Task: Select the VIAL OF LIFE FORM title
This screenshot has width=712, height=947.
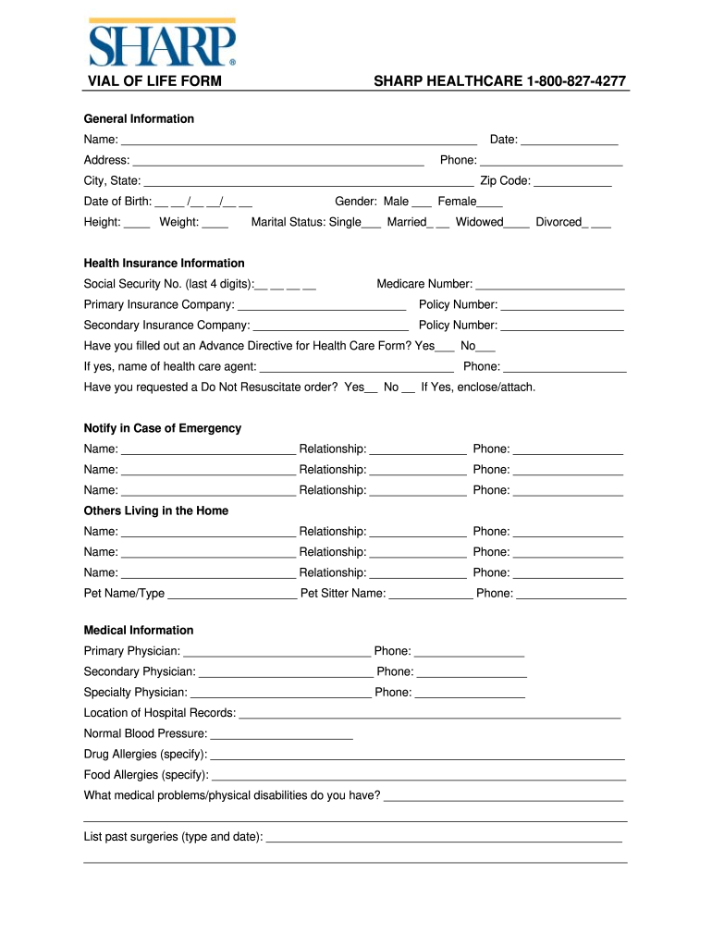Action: click(x=154, y=81)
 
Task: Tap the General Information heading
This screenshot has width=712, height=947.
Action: click(x=139, y=118)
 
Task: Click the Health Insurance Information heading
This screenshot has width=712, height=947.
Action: click(x=164, y=264)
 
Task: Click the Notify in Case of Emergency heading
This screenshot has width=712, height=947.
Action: click(x=162, y=428)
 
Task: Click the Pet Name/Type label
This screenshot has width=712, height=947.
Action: click(x=124, y=594)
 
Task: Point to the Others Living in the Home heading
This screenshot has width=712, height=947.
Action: click(x=155, y=510)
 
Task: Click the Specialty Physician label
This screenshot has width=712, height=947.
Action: click(x=135, y=693)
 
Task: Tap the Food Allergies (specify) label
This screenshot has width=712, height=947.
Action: click(x=146, y=775)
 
